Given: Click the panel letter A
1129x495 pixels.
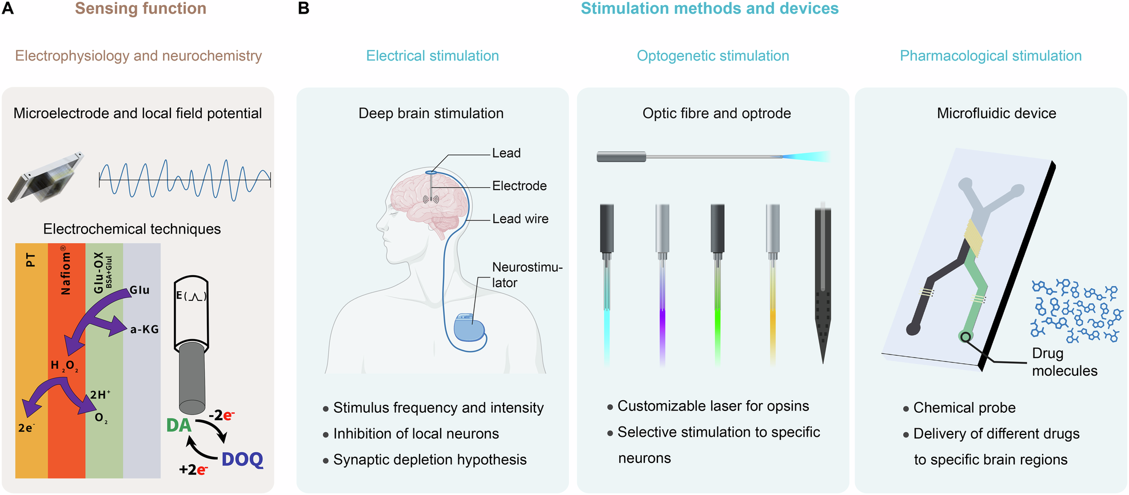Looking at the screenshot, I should coord(7,9).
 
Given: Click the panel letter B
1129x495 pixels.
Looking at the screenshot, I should coord(304,9).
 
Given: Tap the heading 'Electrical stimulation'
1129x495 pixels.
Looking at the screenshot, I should coord(432,56).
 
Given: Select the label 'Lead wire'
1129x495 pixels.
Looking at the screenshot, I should coord(520,219).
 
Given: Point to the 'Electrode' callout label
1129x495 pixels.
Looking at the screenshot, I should coord(519,186).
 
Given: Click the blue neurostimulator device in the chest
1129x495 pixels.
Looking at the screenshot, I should coord(469,328).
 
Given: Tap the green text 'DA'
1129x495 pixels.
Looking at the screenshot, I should coord(178,425).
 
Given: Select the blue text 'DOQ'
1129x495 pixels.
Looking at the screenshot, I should coord(242,460).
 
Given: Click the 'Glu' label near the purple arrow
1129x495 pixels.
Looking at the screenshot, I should coord(139,290).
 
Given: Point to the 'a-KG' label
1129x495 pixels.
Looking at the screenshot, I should coord(144,329).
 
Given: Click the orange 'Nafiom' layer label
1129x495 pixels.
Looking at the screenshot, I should coord(66,271).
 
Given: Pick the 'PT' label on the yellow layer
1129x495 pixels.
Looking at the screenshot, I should coord(31,260).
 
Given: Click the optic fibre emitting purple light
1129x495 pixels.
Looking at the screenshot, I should coord(662,285).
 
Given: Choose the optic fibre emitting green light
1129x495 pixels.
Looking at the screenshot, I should coord(717,285).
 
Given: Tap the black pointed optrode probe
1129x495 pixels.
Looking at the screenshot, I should coord(823,285).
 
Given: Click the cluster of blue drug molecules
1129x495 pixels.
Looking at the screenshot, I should coord(1075,311).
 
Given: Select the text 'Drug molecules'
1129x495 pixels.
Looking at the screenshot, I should coord(1063,362).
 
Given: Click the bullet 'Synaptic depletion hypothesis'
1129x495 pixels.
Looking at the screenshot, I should coord(429,460).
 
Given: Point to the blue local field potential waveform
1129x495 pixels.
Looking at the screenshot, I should coord(184,180).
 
